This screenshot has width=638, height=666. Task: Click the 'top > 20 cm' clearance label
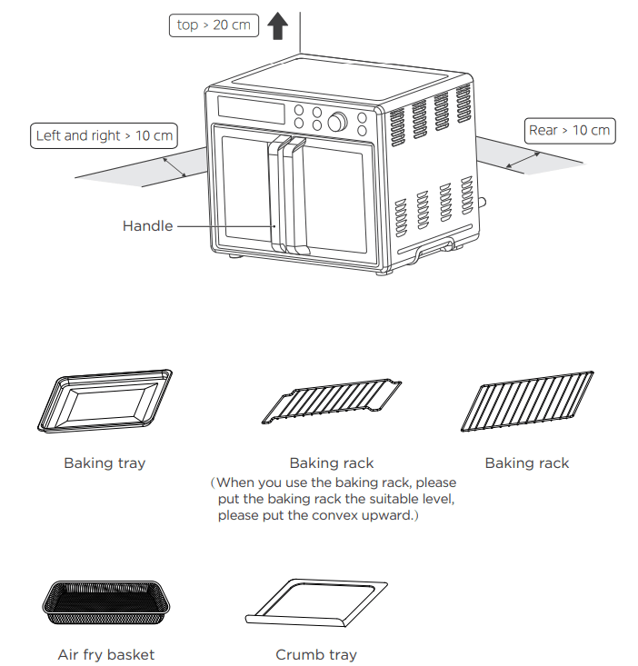(214, 25)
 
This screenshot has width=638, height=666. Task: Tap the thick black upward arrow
(277, 25)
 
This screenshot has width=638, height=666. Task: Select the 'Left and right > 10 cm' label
(105, 135)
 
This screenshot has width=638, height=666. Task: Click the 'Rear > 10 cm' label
(570, 130)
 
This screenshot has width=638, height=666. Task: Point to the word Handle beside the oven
(147, 225)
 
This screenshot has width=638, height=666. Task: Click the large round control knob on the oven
(337, 122)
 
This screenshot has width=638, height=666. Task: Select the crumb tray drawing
(316, 602)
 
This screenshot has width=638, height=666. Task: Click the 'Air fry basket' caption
(106, 654)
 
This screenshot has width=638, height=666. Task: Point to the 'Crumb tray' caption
(316, 654)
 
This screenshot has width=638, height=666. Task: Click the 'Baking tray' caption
(105, 462)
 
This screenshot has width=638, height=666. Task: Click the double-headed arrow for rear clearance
(523, 161)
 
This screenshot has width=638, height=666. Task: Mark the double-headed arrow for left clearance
(174, 166)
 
